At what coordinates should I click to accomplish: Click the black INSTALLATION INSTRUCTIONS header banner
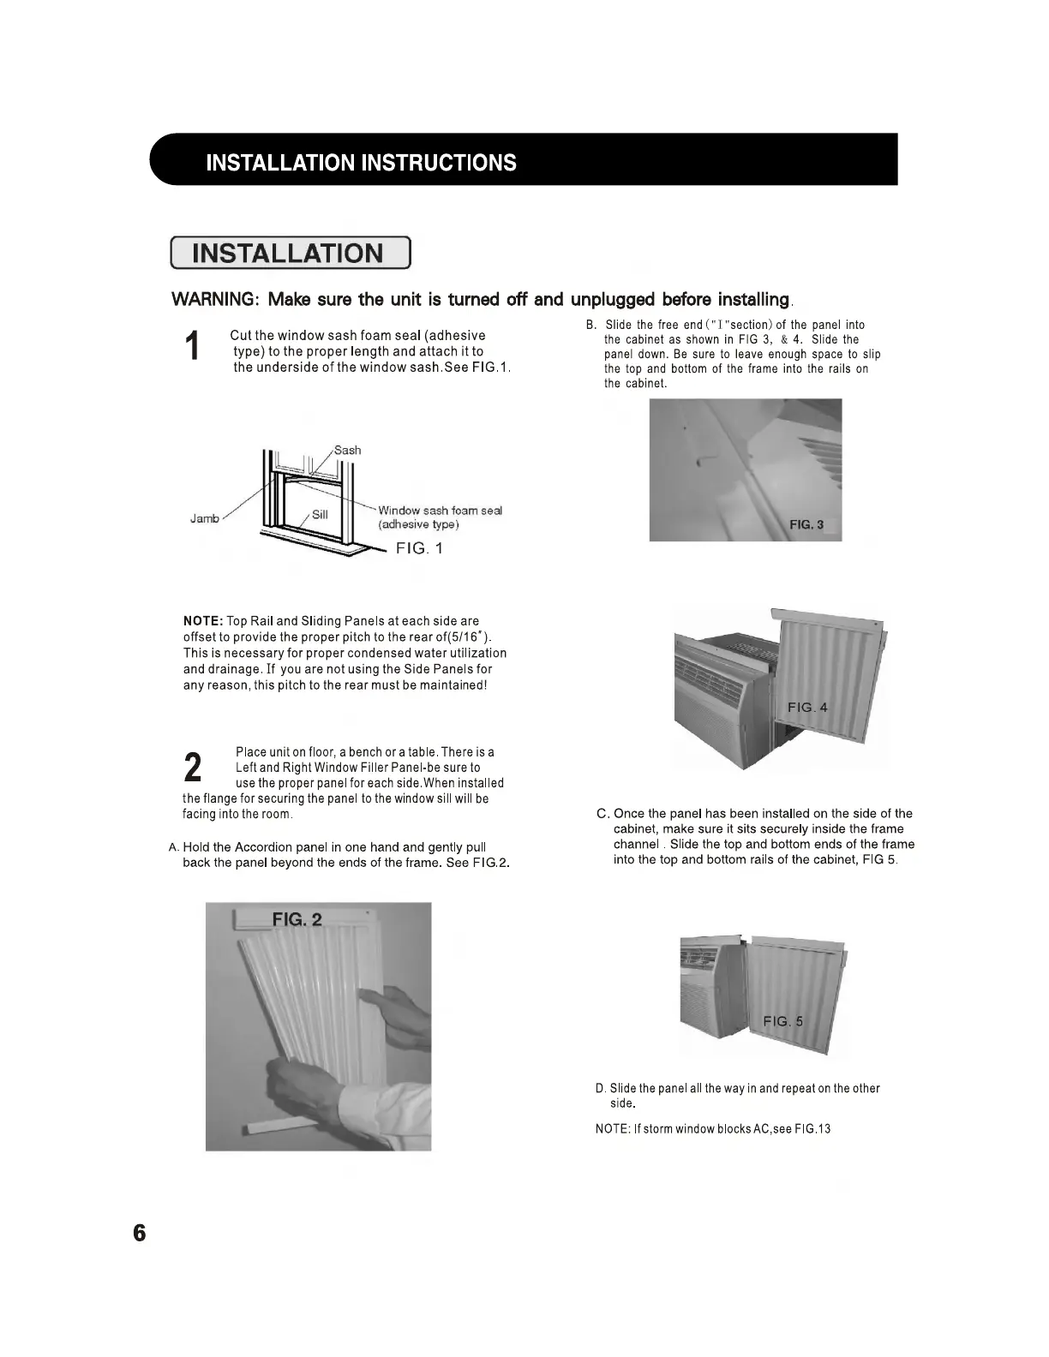coord(523,160)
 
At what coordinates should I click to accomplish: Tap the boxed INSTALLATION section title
coord(290,254)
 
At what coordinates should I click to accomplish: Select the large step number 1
coord(193,346)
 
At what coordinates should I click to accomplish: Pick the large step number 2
coord(194,767)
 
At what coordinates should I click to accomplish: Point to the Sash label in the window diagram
coord(347,450)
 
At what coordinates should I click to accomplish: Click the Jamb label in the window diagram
coord(204,518)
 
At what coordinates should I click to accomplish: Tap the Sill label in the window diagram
coord(320,514)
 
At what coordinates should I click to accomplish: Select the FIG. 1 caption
coord(418,548)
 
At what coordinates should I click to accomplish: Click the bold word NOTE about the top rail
coord(203,620)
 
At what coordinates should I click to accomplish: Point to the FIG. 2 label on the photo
coord(297,919)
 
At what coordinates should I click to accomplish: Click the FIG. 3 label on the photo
coord(806,524)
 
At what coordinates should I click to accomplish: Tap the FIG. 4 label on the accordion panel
coord(807,707)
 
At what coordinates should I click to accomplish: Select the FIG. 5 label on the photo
coord(783,1020)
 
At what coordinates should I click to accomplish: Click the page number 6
coord(139,1233)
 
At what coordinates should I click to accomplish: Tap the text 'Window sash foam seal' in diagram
coord(440,511)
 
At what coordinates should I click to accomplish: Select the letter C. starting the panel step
coord(602,813)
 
